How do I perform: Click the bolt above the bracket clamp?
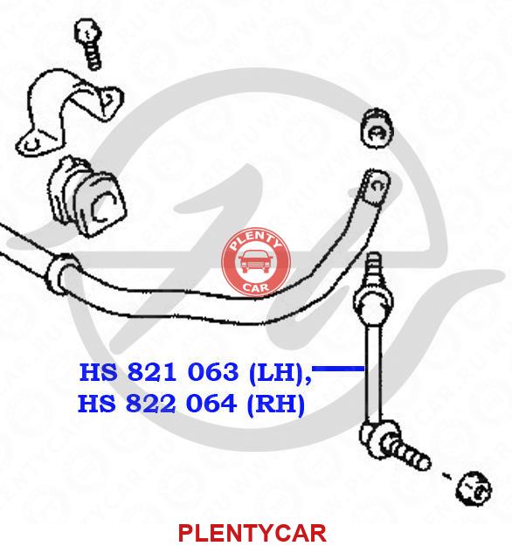pyautogui.click(x=89, y=44)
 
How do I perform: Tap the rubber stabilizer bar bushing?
pyautogui.click(x=87, y=197)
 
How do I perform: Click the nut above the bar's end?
pyautogui.click(x=377, y=128)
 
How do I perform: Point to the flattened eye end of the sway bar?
pyautogui.click(x=376, y=187)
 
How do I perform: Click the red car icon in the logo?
pyautogui.click(x=256, y=262)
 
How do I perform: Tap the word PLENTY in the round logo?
pyautogui.click(x=256, y=240)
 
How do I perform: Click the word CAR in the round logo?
pyautogui.click(x=256, y=287)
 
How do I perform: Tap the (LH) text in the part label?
pyautogui.click(x=277, y=372)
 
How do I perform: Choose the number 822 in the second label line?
pyautogui.click(x=150, y=404)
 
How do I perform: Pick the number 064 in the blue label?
pyautogui.click(x=211, y=404)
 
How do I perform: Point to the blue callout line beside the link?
pyautogui.click(x=338, y=369)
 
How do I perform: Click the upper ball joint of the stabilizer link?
pyautogui.click(x=373, y=302)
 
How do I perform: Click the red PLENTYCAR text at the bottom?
pyautogui.click(x=253, y=532)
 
